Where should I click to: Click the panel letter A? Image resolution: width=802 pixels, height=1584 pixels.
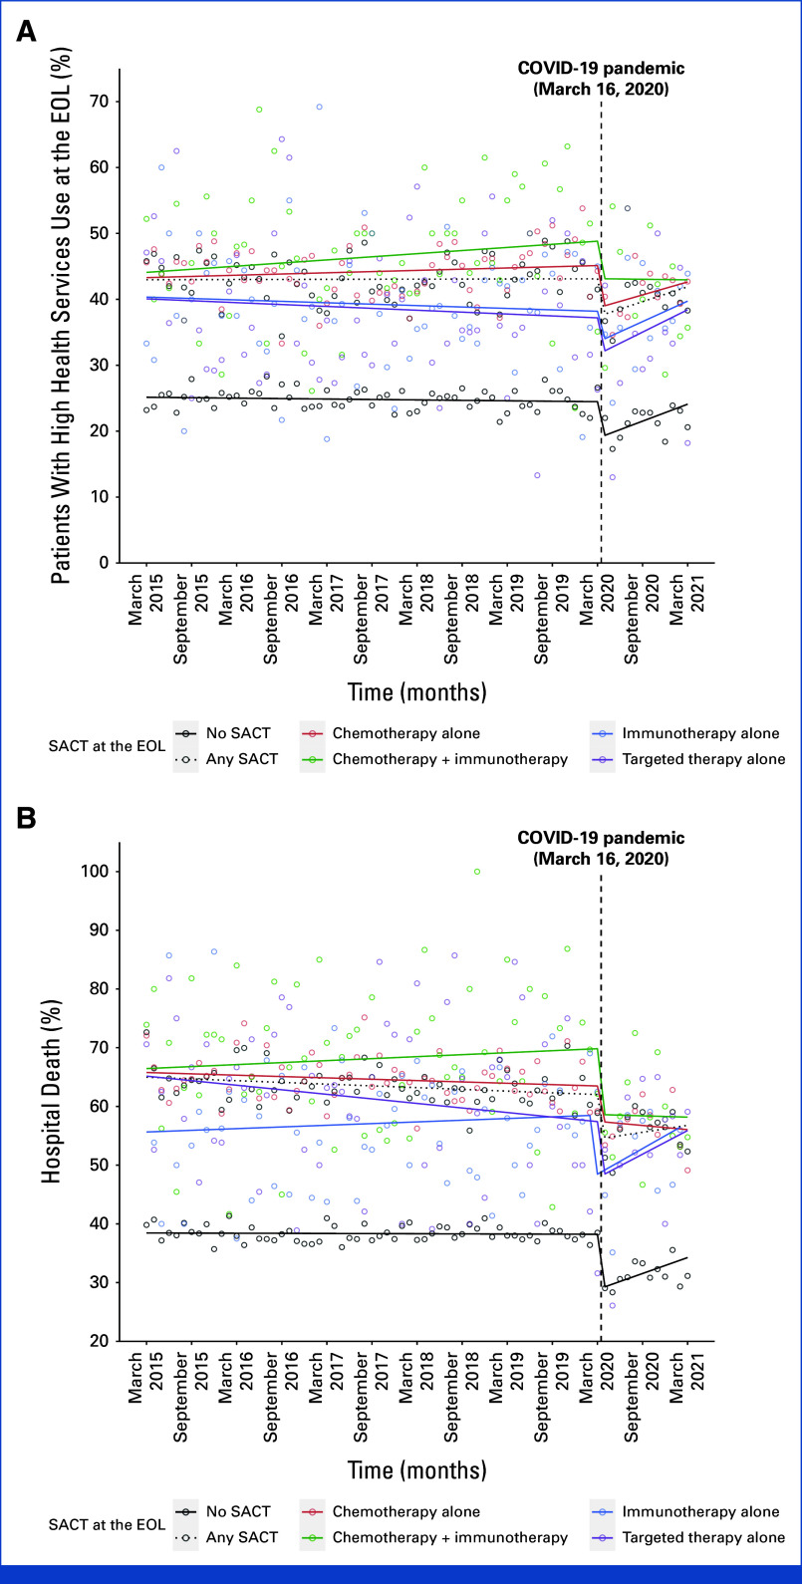coord(27,31)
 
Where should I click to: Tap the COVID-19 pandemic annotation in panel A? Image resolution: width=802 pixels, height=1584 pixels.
coord(602,78)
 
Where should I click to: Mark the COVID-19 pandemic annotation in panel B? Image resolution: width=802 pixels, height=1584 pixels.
coord(602,847)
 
